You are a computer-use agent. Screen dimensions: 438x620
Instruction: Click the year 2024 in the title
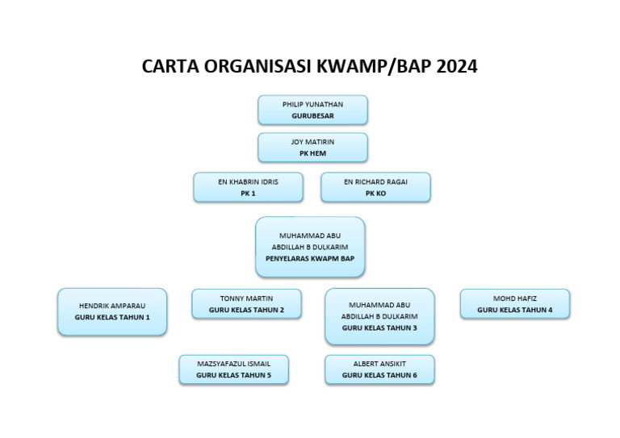click(457, 67)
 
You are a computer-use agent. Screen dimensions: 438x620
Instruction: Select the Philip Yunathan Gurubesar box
click(312, 110)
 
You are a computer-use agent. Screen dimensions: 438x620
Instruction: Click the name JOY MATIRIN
click(312, 142)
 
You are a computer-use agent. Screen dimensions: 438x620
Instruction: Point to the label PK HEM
click(312, 153)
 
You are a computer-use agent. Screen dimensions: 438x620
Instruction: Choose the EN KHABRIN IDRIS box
click(248, 187)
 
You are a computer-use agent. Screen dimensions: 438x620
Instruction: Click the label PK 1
click(248, 194)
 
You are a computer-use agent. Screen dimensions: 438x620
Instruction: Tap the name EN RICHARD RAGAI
click(375, 182)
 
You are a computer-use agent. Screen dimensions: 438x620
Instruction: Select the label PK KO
click(375, 194)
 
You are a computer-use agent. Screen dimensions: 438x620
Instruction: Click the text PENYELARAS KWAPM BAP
click(310, 259)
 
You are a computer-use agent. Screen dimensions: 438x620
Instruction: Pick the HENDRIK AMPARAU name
click(112, 307)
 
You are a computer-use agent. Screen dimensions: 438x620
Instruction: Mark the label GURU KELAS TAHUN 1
click(112, 318)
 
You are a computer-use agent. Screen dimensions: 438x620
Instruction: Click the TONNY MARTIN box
click(246, 304)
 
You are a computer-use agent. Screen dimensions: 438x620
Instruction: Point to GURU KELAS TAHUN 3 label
click(379, 328)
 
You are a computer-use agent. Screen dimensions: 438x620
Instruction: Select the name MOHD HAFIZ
click(514, 298)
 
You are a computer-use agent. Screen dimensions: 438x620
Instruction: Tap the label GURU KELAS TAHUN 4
click(514, 310)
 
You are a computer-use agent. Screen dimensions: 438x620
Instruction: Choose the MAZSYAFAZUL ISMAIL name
click(233, 364)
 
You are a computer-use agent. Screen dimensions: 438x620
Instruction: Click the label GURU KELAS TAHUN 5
click(233, 375)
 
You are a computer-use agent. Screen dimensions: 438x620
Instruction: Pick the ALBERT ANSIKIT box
click(379, 369)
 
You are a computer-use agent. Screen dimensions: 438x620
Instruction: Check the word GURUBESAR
click(312, 116)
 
